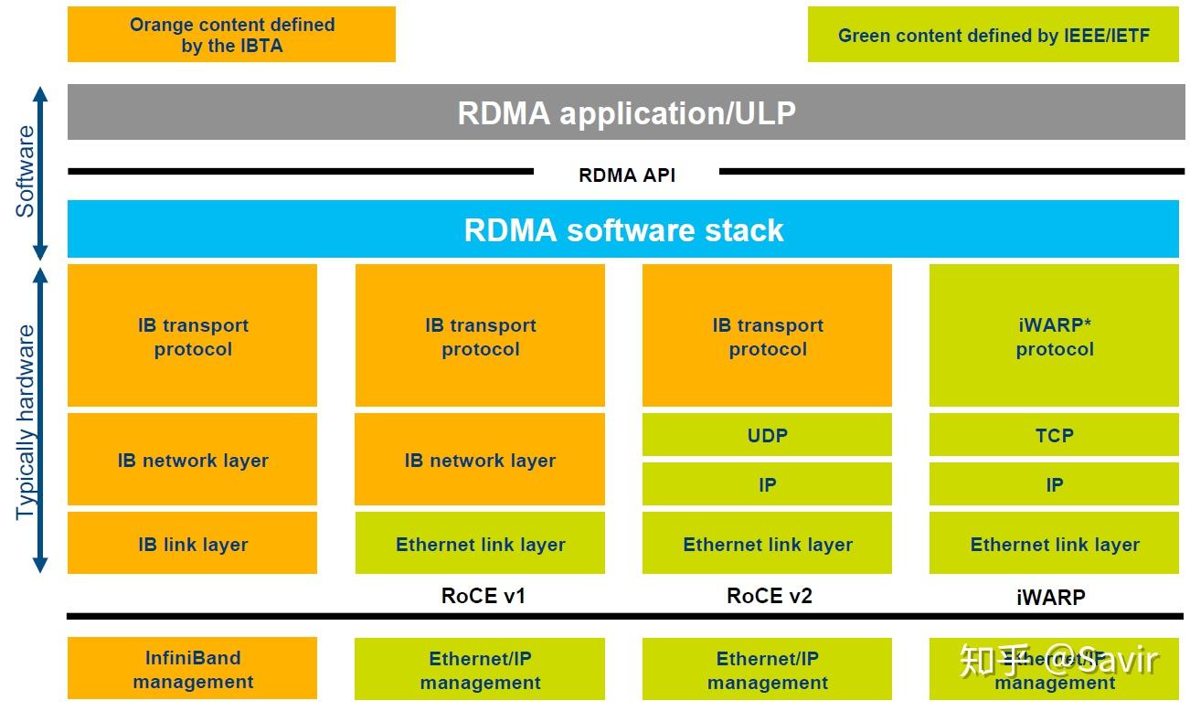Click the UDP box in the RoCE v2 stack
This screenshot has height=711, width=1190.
coord(767,435)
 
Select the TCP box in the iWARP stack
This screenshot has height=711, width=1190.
coord(1054,435)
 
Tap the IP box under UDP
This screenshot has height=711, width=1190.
coord(767,484)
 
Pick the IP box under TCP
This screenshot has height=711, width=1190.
coord(1054,484)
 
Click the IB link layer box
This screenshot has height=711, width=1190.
coord(192,544)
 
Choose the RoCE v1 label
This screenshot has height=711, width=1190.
coord(483,596)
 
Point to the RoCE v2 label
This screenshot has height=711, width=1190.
coord(769,596)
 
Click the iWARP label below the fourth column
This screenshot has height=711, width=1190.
coord(1050,598)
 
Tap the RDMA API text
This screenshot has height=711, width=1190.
coord(627,175)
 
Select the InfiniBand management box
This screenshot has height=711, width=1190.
coord(192,669)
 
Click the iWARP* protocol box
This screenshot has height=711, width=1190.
coord(1054,336)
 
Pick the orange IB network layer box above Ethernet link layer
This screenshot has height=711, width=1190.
coord(480,460)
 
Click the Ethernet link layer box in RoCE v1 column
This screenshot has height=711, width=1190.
coord(480,544)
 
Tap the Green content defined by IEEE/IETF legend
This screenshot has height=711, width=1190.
coord(993,36)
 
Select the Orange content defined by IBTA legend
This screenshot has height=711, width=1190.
coord(231,35)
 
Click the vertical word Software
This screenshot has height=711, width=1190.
coord(26,171)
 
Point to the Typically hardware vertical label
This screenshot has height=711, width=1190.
coord(26,421)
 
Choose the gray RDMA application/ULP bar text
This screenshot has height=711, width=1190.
coord(626,112)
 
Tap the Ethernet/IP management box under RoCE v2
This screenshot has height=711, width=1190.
coord(767,670)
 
